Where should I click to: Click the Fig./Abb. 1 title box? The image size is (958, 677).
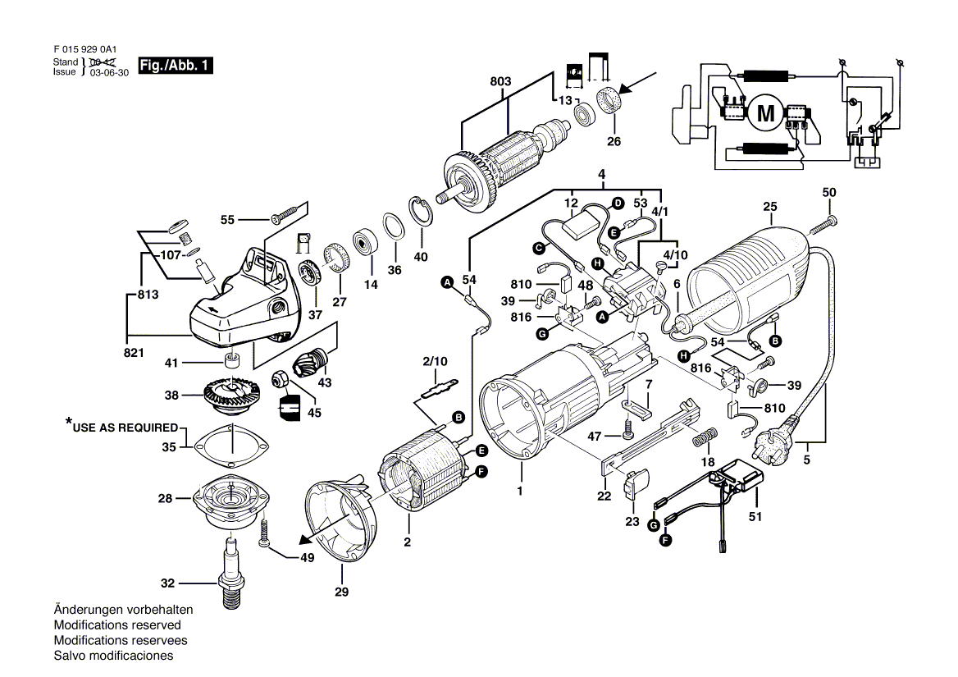coord(176,66)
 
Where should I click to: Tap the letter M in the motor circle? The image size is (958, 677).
coord(765,113)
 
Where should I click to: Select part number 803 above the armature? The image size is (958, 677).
coord(500,81)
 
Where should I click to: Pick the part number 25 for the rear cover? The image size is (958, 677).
coord(769,206)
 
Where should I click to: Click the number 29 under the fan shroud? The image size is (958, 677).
coord(341,592)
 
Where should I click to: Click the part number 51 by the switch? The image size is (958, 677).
coord(755,517)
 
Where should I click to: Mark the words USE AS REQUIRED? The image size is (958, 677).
coord(125,428)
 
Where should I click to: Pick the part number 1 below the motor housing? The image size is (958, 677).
coord(519,492)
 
